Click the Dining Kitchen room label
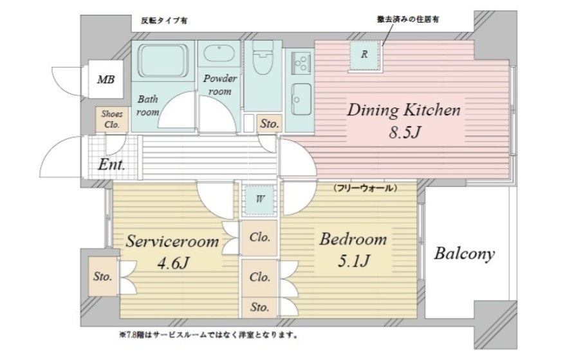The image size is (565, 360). pos(404,109)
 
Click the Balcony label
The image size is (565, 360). pos(464,253)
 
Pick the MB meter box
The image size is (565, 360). pos(106,81)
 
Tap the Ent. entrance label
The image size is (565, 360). pos(111,165)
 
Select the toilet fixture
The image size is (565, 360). pos(263,63)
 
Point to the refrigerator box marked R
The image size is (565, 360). pos(364,55)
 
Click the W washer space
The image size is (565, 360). pos(259,198)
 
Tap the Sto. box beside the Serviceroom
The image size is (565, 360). pos(103,278)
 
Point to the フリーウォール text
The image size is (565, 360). pos(364,188)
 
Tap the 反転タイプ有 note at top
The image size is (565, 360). pos(164,21)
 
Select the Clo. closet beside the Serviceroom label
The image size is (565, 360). pos(259,236)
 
